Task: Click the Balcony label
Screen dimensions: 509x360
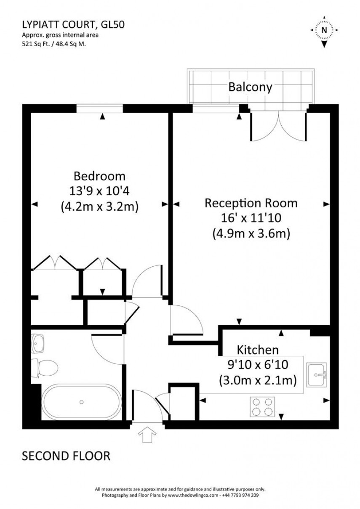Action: pos(250,87)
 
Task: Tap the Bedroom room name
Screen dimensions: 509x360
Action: pos(99,175)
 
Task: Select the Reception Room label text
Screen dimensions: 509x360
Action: pos(251,203)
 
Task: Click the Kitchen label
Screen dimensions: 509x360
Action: pos(258,350)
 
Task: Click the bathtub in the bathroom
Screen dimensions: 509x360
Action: pos(82,402)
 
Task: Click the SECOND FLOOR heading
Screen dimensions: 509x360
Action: pos(66,456)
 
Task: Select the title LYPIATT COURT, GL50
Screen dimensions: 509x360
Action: pos(73,25)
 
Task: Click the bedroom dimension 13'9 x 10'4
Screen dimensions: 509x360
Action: pos(99,191)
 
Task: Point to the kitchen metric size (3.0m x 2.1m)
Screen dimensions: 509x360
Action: pos(258,380)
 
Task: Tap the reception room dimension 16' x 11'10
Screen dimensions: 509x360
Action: pos(251,218)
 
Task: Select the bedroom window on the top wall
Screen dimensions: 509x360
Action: pos(99,109)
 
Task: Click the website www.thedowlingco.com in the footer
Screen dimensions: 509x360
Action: pos(193,496)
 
